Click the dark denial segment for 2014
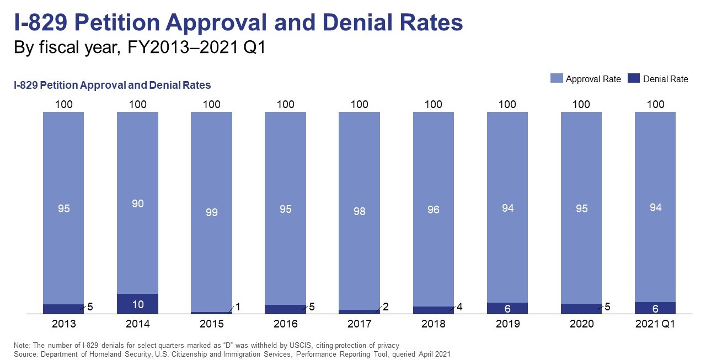click(137, 304)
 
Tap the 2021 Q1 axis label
click(655, 324)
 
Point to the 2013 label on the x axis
click(63, 324)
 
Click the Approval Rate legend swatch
click(556, 79)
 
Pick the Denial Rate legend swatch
click(633, 79)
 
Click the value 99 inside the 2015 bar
click(211, 212)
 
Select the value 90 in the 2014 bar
click(137, 203)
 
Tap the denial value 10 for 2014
click(137, 305)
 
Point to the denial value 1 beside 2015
click(237, 307)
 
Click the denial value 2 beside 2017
click(386, 307)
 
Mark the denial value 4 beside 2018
click(459, 307)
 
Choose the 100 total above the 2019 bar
click(507, 104)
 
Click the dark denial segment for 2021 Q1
click(655, 308)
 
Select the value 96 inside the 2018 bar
click(433, 209)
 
